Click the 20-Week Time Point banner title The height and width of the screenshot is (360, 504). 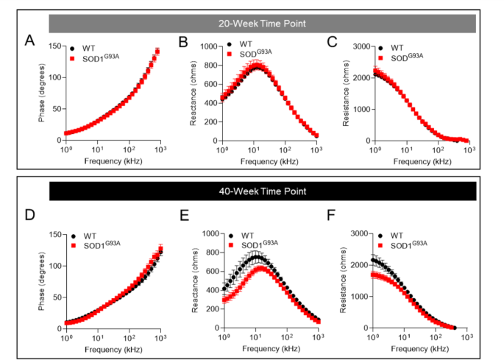[262, 23]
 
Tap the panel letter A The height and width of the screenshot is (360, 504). [29, 40]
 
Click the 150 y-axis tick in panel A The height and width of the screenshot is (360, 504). [53, 47]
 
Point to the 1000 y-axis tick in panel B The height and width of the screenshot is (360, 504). [207, 47]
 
